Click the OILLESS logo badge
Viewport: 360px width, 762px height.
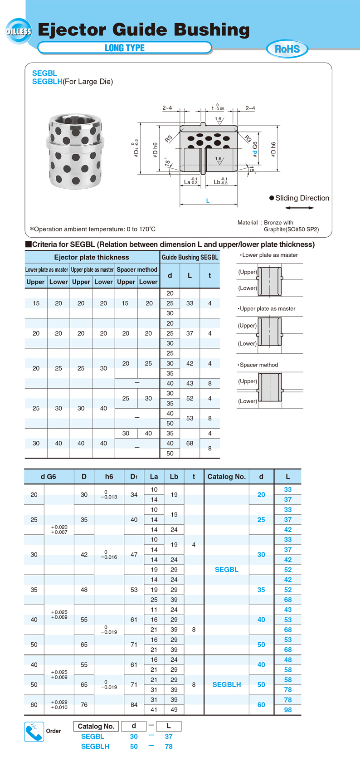click(19, 31)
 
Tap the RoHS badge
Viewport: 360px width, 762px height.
click(287, 49)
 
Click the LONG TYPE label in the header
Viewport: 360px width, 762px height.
click(125, 48)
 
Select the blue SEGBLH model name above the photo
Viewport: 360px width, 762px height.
click(47, 82)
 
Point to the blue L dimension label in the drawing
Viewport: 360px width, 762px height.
click(208, 200)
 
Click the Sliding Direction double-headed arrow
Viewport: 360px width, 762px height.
click(299, 208)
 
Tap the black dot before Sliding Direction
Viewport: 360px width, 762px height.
click(272, 198)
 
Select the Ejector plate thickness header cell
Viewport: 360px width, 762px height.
click(92, 257)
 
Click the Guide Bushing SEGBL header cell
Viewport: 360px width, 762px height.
click(190, 257)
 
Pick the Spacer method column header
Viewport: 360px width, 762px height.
click(137, 269)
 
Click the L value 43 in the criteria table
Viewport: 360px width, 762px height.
click(190, 383)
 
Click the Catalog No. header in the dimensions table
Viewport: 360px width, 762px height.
click(226, 476)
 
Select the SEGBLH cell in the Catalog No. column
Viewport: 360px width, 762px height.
click(227, 684)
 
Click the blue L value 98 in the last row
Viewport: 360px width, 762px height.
click(288, 710)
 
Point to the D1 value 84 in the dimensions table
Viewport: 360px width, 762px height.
click(134, 704)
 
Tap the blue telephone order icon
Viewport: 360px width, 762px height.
click(34, 731)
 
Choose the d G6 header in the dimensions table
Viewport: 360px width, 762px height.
click(49, 476)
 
